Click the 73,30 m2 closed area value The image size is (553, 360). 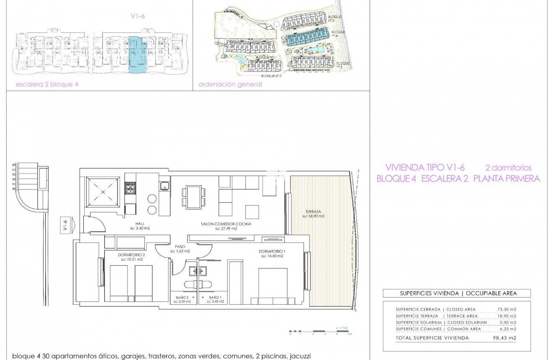tap(507, 309)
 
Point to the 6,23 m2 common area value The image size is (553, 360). tap(507, 329)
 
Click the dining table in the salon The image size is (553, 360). tap(194, 197)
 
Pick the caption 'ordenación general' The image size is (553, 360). tap(230, 84)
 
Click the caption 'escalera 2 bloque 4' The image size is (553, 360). tap(47, 84)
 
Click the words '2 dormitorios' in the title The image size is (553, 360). tap(508, 168)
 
